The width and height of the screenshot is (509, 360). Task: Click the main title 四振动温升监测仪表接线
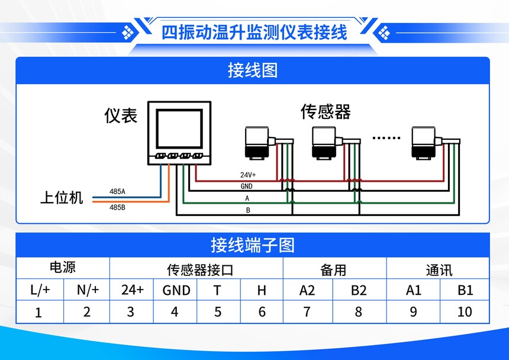click(254, 32)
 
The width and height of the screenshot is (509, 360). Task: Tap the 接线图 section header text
click(253, 70)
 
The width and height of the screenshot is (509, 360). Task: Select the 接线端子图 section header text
click(253, 245)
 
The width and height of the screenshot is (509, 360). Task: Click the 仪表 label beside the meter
click(121, 115)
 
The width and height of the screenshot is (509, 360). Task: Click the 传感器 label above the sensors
click(326, 111)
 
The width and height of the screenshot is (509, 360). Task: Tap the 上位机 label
click(62, 198)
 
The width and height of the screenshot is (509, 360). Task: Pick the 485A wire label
click(117, 192)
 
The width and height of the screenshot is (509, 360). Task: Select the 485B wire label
click(117, 207)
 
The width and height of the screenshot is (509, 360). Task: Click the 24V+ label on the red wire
click(248, 175)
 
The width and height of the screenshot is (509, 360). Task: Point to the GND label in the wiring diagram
click(246, 186)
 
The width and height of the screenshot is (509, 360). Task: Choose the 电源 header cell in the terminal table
click(62, 268)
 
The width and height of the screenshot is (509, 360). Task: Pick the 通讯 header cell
click(439, 270)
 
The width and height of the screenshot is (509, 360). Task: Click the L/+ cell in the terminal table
click(40, 290)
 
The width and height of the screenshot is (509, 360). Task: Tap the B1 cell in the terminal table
click(465, 290)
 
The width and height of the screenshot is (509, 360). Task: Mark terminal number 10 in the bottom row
click(465, 311)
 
